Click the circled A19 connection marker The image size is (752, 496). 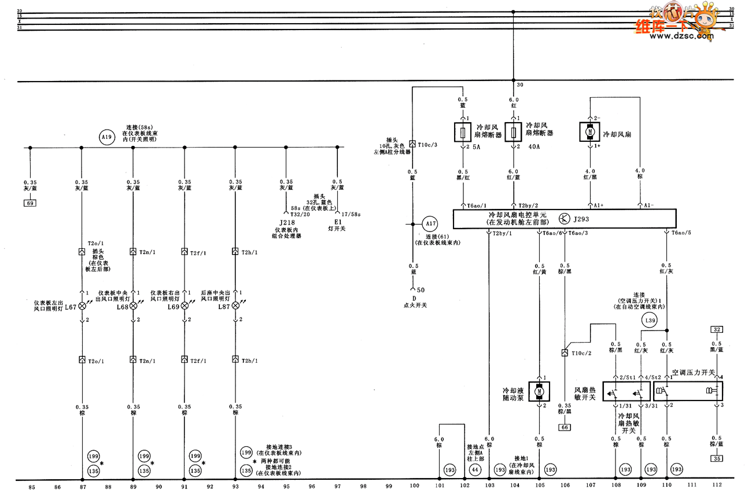[x=105, y=138]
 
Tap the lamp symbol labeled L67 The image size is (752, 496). [x=82, y=306]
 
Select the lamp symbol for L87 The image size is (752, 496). [x=235, y=306]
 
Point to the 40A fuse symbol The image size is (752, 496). [x=513, y=133]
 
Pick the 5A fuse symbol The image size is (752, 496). [x=461, y=133]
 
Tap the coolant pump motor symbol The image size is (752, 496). [x=539, y=391]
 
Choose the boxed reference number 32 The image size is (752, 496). [x=717, y=329]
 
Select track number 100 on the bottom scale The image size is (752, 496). [x=414, y=487]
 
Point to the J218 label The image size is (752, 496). [x=285, y=222]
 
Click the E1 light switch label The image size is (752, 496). [x=337, y=222]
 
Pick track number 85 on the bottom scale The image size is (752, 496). [x=32, y=487]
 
